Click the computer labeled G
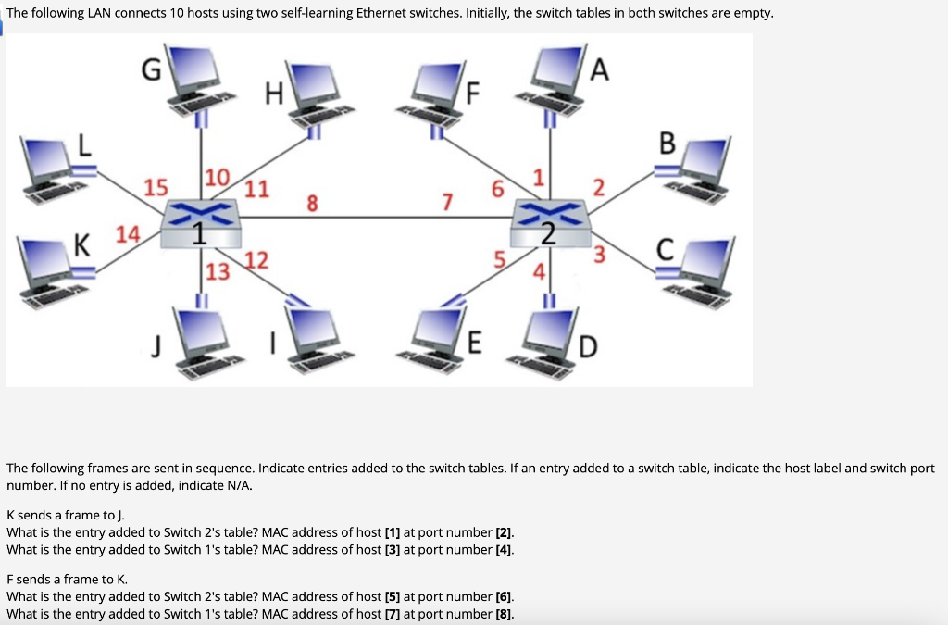pos(198,76)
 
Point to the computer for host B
pos(702,167)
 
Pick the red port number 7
pos(448,200)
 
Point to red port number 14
pos(127,233)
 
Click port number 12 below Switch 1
pos(256,260)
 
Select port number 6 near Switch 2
pos(498,189)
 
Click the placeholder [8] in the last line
pos(505,614)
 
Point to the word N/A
pos(238,485)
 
